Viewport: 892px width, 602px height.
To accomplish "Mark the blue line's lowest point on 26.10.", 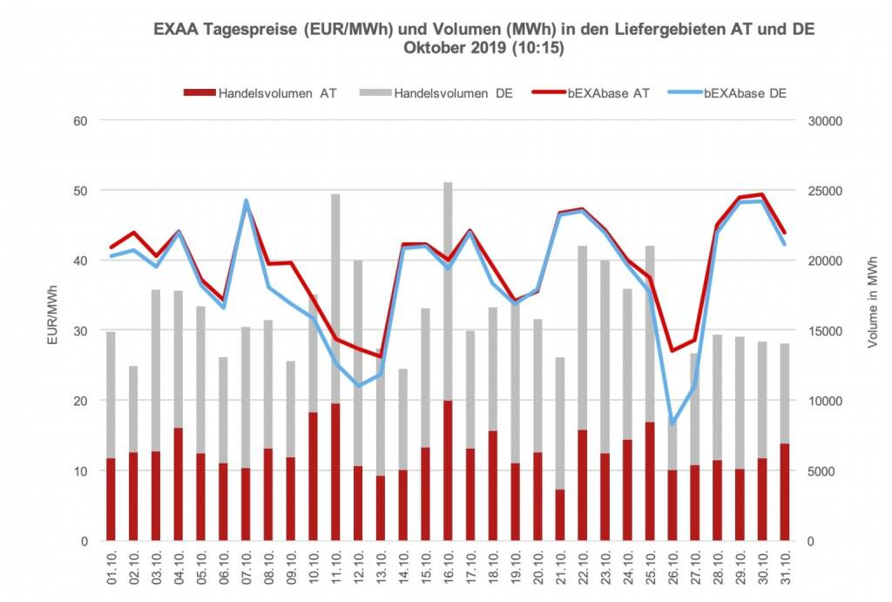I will [672, 423].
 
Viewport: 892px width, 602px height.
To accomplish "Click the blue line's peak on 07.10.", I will [246, 201].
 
